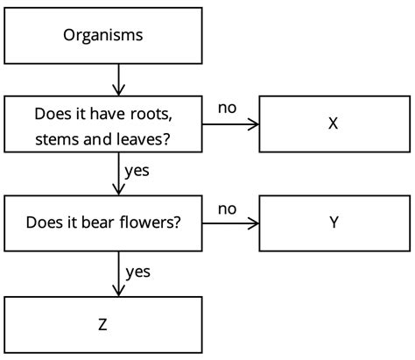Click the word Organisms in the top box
[x=103, y=36]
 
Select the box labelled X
[x=333, y=124]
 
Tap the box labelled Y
[x=333, y=222]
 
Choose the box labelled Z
[x=103, y=324]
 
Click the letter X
[x=333, y=124]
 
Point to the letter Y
[x=333, y=222]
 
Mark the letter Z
[x=103, y=324]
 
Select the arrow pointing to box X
[x=232, y=124]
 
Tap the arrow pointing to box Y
[x=232, y=222]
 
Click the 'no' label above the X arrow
[x=227, y=109]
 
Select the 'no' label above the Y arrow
[x=227, y=208]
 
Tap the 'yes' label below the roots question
[x=137, y=170]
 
